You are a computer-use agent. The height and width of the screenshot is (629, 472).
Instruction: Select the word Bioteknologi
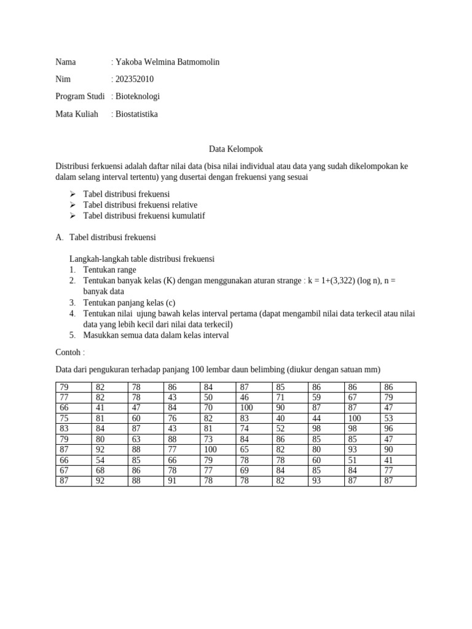[x=138, y=96]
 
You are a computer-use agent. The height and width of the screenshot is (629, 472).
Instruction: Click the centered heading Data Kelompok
[x=235, y=149]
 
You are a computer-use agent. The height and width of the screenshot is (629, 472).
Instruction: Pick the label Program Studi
[x=80, y=96]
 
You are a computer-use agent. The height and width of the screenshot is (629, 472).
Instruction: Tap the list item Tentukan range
[x=109, y=270]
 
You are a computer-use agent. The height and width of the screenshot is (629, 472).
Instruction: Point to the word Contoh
[x=68, y=353]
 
